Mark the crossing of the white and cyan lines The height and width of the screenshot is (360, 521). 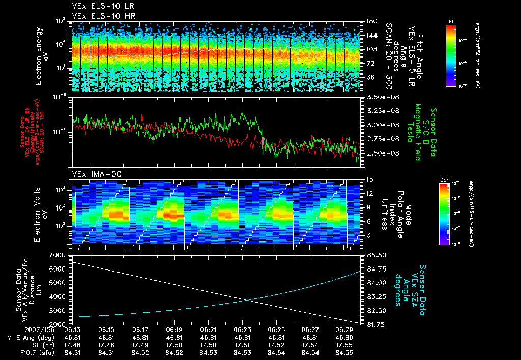click(x=249, y=301)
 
